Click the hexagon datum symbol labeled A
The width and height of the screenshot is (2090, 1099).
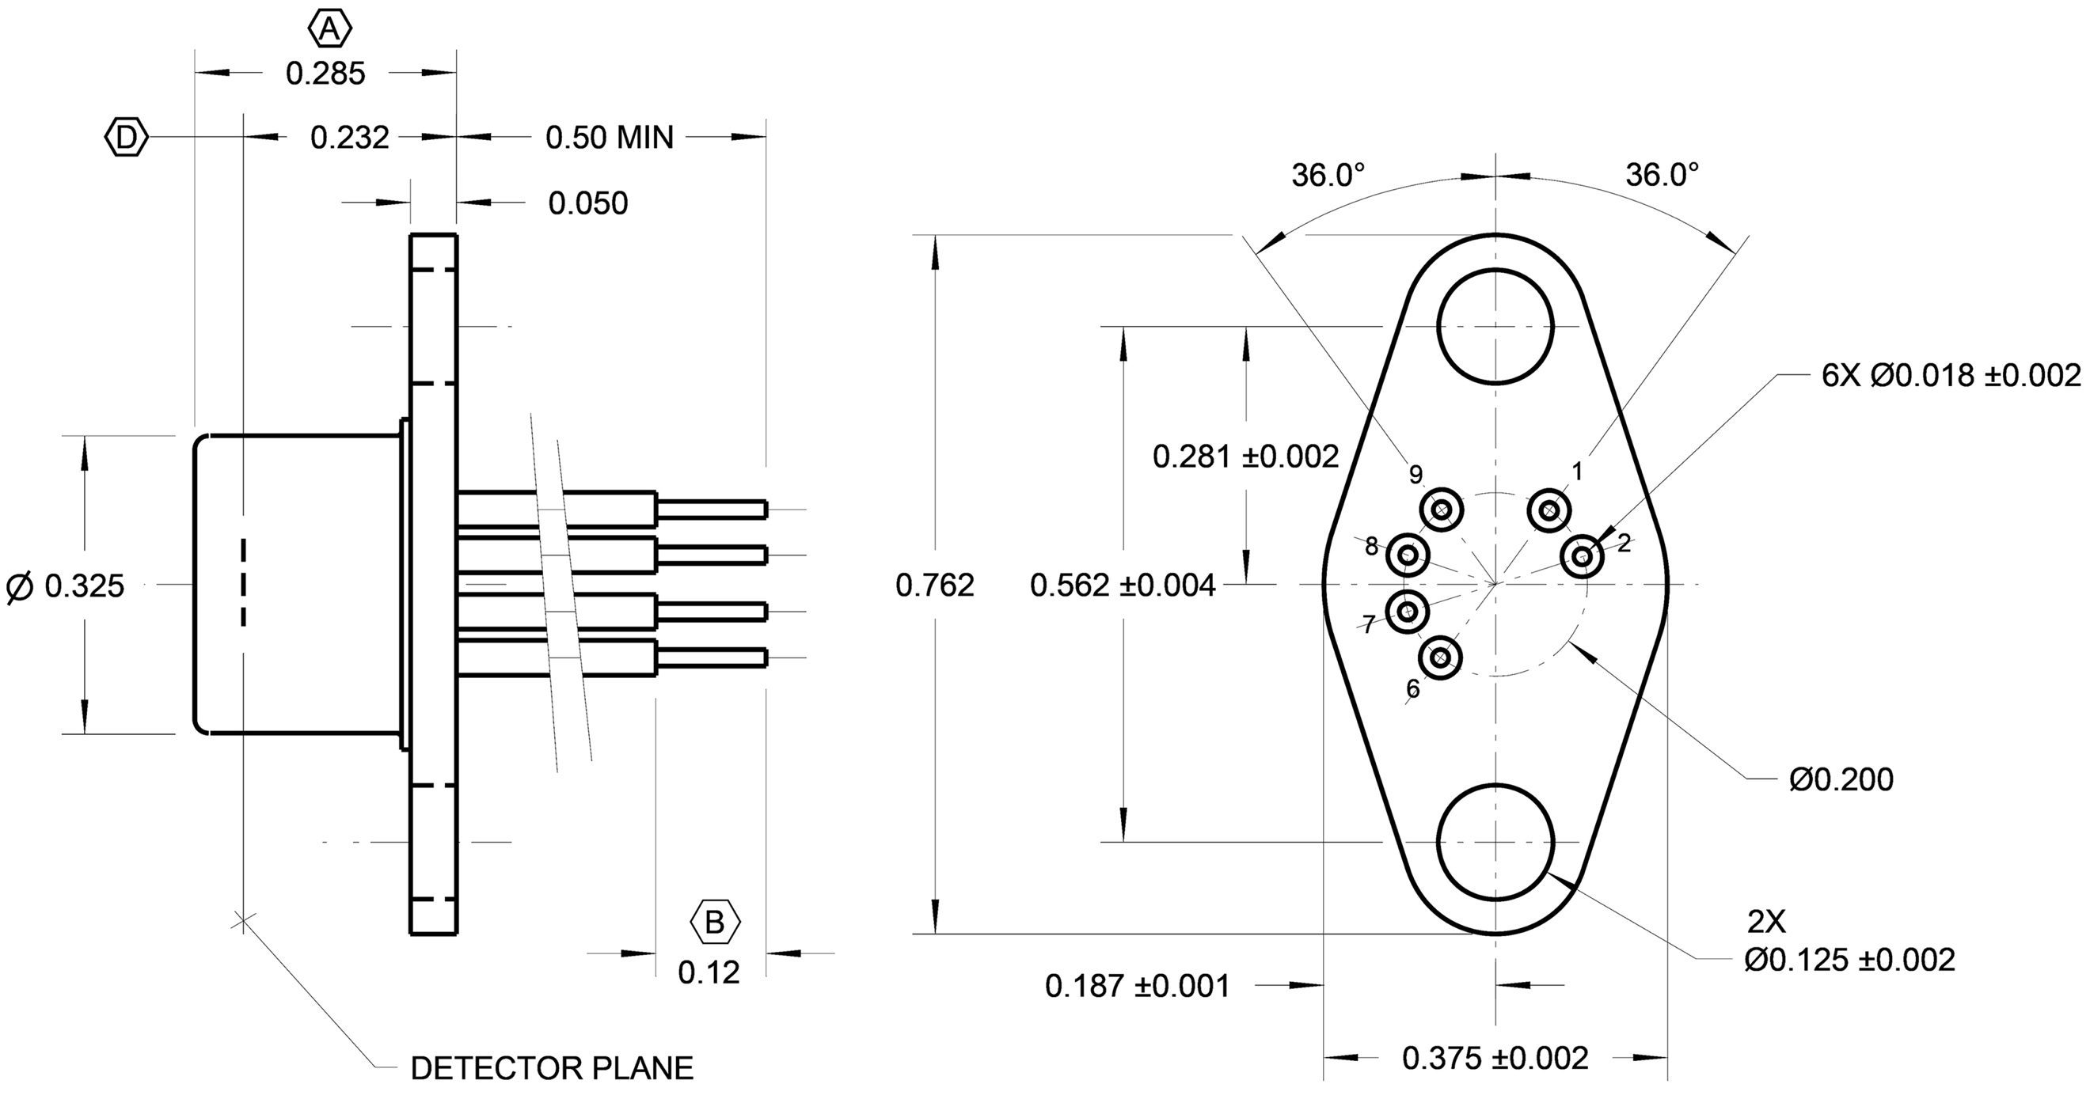pyautogui.click(x=329, y=30)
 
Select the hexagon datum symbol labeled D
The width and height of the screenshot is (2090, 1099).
pyautogui.click(x=127, y=138)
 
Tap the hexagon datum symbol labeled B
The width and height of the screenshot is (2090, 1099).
pyautogui.click(x=715, y=923)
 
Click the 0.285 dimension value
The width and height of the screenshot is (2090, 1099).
pyautogui.click(x=325, y=74)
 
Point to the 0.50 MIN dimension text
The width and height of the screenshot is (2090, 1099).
pyautogui.click(x=610, y=138)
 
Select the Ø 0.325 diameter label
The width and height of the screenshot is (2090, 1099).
pyautogui.click(x=65, y=586)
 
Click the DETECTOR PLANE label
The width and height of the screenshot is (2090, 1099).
pyautogui.click(x=552, y=1068)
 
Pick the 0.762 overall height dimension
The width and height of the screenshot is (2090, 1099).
pyautogui.click(x=935, y=586)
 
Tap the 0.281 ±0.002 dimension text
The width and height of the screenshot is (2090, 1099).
pyautogui.click(x=1245, y=457)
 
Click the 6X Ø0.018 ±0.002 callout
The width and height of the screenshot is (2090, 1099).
pyautogui.click(x=1951, y=376)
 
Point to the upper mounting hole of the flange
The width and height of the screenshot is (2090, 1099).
pyautogui.click(x=1495, y=326)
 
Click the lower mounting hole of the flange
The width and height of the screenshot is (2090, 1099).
pyautogui.click(x=1495, y=842)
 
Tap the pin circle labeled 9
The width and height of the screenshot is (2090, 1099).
pyautogui.click(x=1442, y=510)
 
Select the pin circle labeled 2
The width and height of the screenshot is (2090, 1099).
pyautogui.click(x=1582, y=556)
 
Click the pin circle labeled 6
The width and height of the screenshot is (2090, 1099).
pyautogui.click(x=1441, y=657)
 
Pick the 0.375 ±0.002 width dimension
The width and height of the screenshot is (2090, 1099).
pyautogui.click(x=1495, y=1059)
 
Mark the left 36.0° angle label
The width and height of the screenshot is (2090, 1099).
pyautogui.click(x=1328, y=175)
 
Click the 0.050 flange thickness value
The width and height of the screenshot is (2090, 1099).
pyautogui.click(x=587, y=203)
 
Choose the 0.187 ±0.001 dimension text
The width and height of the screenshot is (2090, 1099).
pyautogui.click(x=1137, y=987)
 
